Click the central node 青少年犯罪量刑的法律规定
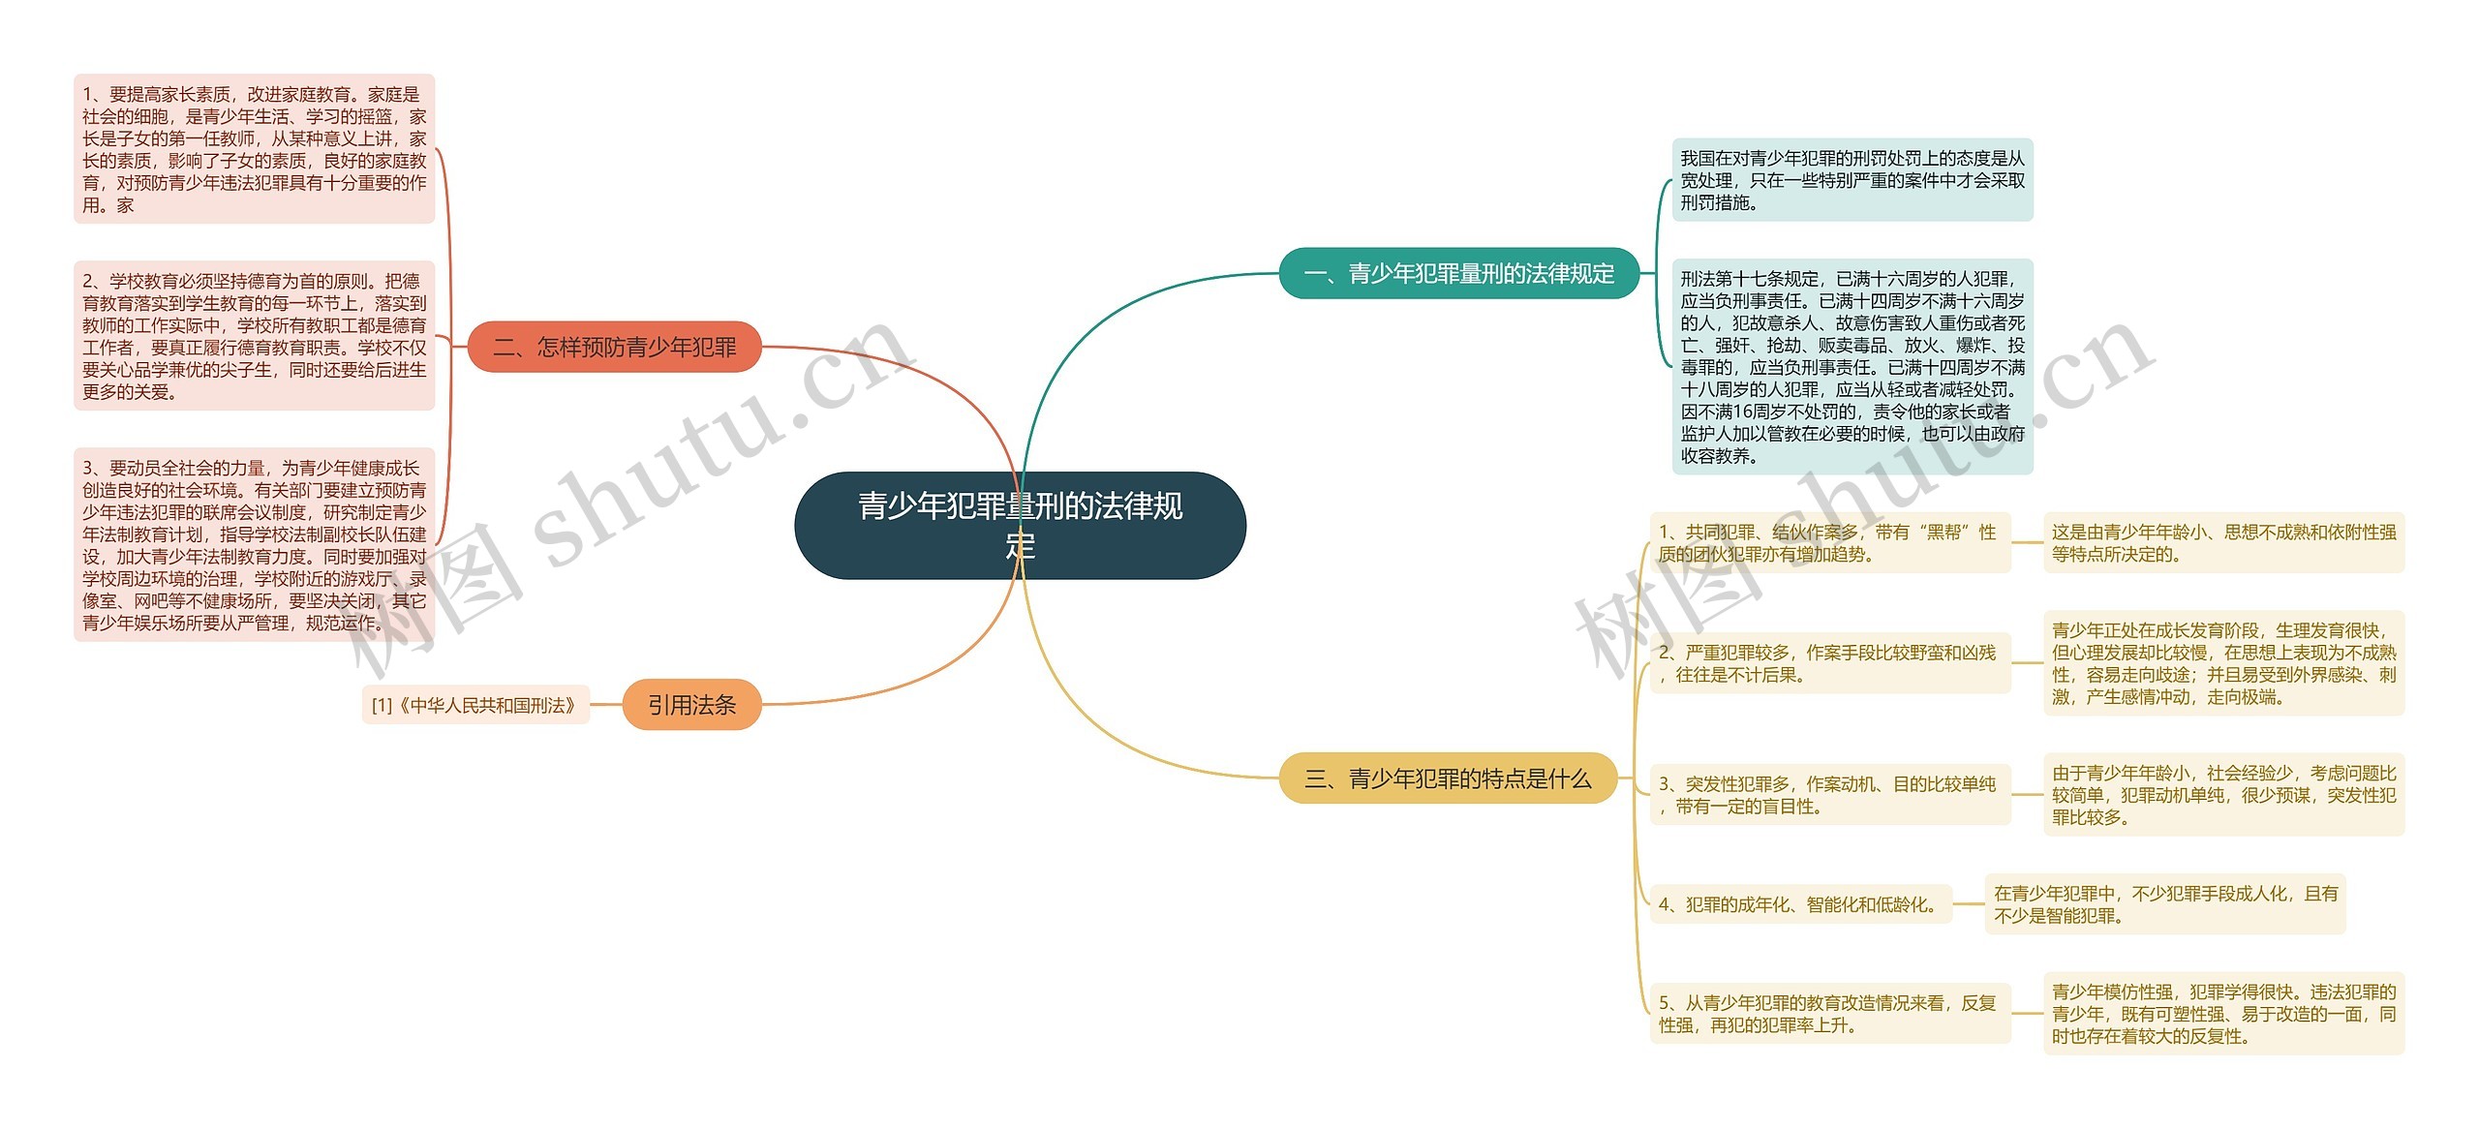1020,526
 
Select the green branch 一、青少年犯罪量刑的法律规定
1458,274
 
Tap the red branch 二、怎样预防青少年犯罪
614,348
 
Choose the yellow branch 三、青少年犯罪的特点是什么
1448,778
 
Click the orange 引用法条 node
691,705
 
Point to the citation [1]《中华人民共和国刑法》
474,705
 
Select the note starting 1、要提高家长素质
254,149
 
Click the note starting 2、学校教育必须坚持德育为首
254,336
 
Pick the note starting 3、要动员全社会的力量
254,544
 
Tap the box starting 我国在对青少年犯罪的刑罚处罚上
1852,180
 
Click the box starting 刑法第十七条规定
1852,367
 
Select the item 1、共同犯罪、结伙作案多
1829,543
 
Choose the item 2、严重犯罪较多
1829,663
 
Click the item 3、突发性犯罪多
1829,795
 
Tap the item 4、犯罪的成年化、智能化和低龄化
1800,904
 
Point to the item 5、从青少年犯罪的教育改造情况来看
1829,1014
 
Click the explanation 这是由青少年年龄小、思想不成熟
2223,543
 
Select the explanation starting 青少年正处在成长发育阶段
2223,663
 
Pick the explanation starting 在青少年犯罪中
2165,904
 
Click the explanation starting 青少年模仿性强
2223,1014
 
